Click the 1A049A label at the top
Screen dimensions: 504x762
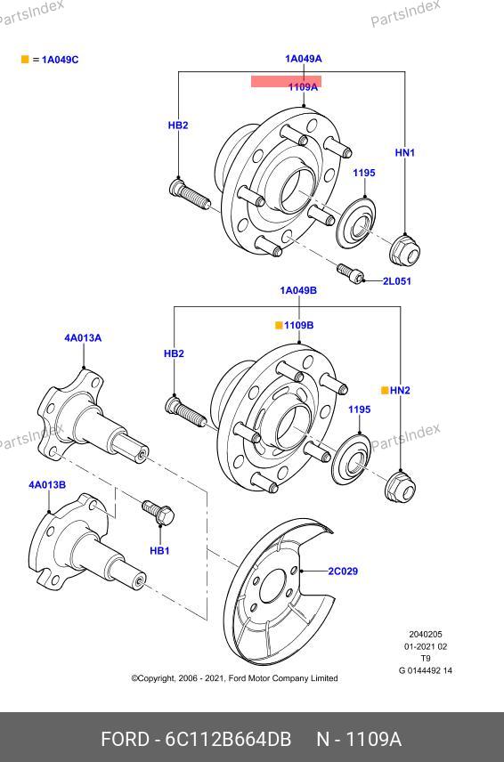304,59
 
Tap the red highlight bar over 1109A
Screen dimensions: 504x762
286,81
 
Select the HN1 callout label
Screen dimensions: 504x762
405,152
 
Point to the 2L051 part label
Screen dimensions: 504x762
396,281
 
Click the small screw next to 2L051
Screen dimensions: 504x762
350,273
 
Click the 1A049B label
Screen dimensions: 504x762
298,290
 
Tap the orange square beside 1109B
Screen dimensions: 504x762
279,325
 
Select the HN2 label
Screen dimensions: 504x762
400,390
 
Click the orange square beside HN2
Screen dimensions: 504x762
385,390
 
